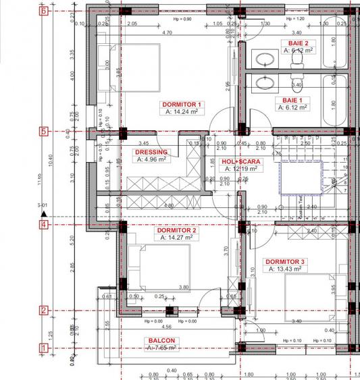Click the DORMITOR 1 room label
point(181,105)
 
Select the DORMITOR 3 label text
point(284,261)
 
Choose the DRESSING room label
point(151,153)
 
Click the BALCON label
point(162,341)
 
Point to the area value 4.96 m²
point(151,160)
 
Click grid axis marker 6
point(43,11)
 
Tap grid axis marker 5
point(43,132)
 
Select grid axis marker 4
point(43,224)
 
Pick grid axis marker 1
point(43,348)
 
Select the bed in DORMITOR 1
point(105,64)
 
